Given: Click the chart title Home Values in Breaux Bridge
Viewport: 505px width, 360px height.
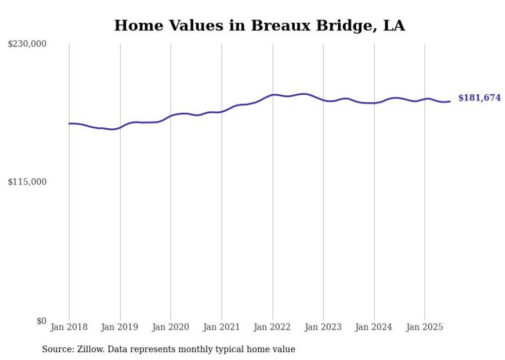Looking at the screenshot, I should (259, 25).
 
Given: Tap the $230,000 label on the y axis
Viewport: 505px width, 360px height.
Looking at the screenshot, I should (27, 44).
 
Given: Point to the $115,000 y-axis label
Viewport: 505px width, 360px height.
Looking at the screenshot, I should (27, 182).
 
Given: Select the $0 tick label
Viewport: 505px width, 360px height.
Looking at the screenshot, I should (41, 321).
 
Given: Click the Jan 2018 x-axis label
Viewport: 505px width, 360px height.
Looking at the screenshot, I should (69, 327).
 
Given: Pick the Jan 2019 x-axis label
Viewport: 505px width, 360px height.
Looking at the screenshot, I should (120, 327).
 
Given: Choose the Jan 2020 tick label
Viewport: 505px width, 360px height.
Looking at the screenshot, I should (171, 327).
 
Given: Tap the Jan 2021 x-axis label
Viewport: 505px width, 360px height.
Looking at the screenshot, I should (222, 327).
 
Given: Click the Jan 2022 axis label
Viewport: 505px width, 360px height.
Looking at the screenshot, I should (273, 327).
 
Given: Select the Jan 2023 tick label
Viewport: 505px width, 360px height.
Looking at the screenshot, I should (323, 327).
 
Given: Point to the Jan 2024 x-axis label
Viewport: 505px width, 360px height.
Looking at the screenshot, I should (374, 327).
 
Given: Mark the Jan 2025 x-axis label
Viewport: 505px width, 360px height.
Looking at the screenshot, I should (425, 327).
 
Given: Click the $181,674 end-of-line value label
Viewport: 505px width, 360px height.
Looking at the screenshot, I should (479, 98).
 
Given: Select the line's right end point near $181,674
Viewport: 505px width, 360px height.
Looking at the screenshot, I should (450, 101).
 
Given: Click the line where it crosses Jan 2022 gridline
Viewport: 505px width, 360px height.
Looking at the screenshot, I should (273, 95).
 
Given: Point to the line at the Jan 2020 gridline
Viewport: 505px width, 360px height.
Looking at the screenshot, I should (171, 116).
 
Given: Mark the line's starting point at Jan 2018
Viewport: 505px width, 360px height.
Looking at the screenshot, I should (69, 124).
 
